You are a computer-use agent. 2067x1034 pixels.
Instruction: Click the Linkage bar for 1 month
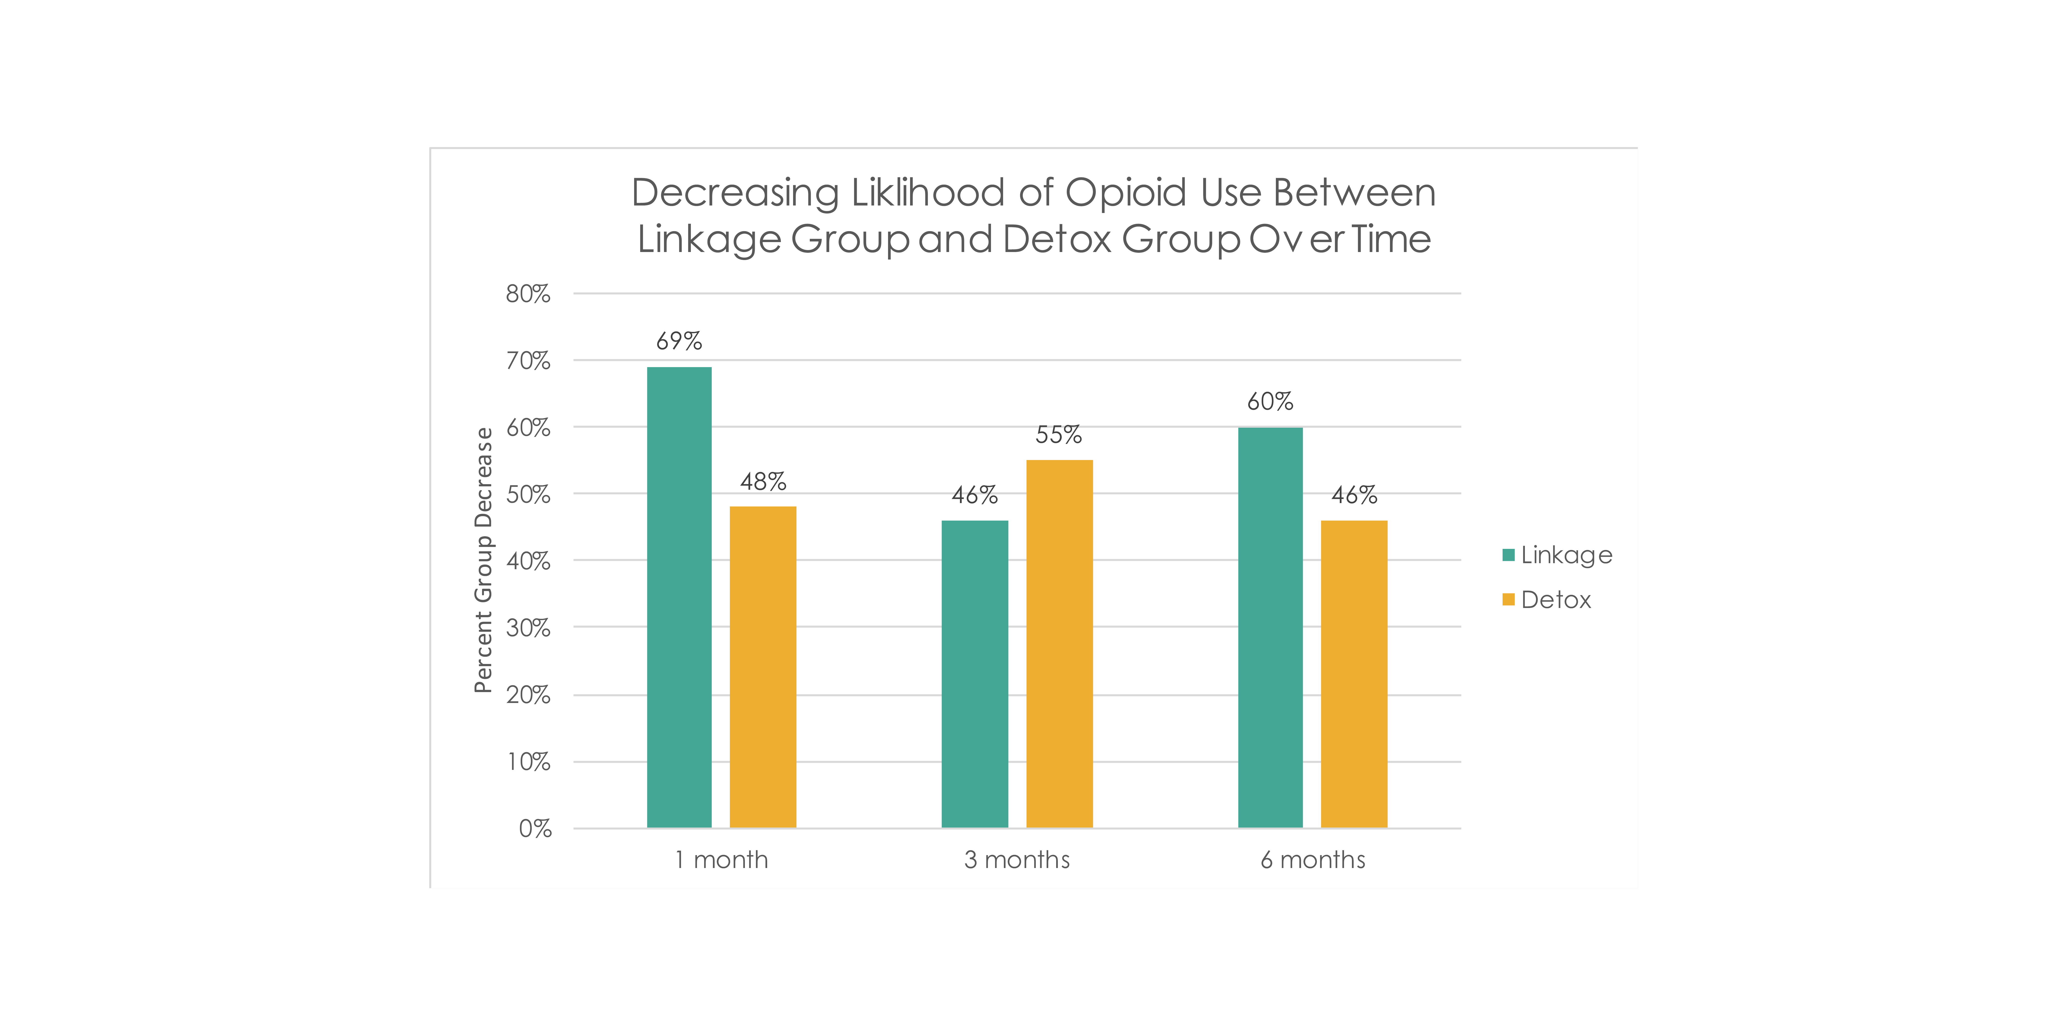click(679, 597)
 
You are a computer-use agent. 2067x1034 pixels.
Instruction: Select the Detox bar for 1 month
click(763, 667)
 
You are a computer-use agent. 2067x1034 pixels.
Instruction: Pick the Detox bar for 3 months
click(1059, 644)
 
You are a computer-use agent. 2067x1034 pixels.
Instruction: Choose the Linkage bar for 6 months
click(1270, 628)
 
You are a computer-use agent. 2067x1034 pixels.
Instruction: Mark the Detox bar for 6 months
click(1354, 674)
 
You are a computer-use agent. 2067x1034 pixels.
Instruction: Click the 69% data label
click(679, 341)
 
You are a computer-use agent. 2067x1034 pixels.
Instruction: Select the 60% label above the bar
click(1270, 401)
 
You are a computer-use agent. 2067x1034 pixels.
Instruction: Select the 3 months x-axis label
click(1017, 860)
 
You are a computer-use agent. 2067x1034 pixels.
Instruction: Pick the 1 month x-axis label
click(721, 860)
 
